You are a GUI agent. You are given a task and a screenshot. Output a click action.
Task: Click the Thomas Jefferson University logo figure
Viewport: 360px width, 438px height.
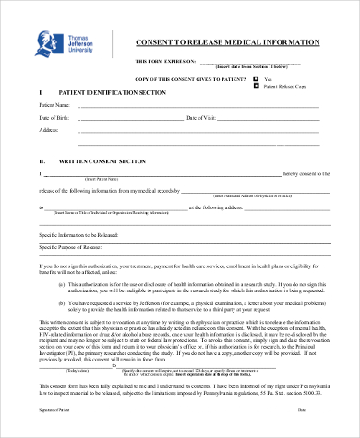pyautogui.click(x=46, y=43)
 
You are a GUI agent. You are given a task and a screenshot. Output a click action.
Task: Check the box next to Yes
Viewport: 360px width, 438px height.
pyautogui.click(x=258, y=79)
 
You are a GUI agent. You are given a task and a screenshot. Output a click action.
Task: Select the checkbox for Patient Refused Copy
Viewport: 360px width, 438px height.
pyautogui.click(x=258, y=87)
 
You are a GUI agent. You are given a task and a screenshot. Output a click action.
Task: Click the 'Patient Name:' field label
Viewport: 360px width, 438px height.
pyautogui.click(x=54, y=106)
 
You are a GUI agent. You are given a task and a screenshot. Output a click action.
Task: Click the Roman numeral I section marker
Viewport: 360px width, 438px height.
pyautogui.click(x=41, y=94)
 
